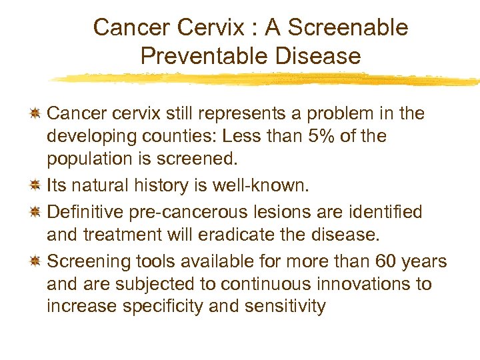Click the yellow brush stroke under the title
pos(267,78)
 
